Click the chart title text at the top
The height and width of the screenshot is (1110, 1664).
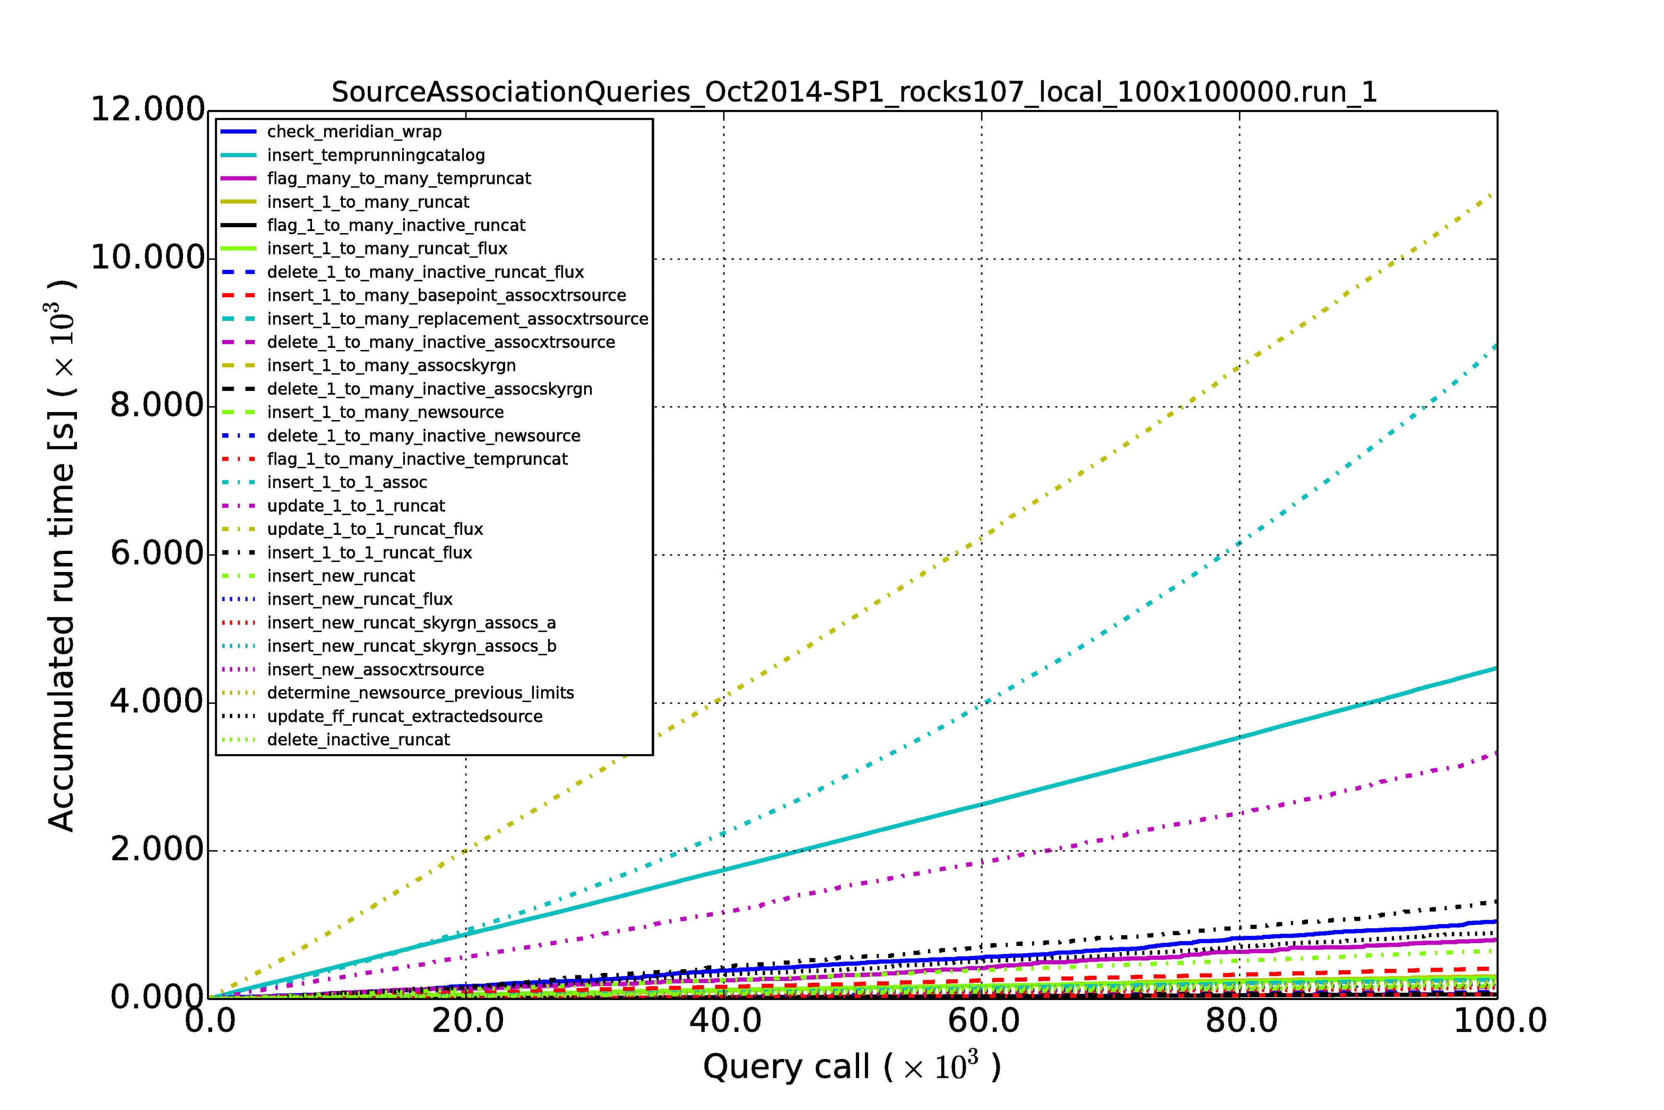click(x=854, y=92)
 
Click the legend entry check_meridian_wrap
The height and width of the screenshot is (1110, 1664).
click(x=354, y=132)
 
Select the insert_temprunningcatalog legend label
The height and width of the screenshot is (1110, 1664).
click(x=376, y=155)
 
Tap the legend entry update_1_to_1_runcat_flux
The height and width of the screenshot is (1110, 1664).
click(x=375, y=529)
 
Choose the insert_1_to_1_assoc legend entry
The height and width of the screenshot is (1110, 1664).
click(x=347, y=482)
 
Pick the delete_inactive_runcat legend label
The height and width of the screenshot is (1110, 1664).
click(x=358, y=739)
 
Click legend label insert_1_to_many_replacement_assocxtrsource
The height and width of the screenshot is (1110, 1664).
click(x=457, y=318)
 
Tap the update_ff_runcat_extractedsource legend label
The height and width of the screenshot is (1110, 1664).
click(x=405, y=716)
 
